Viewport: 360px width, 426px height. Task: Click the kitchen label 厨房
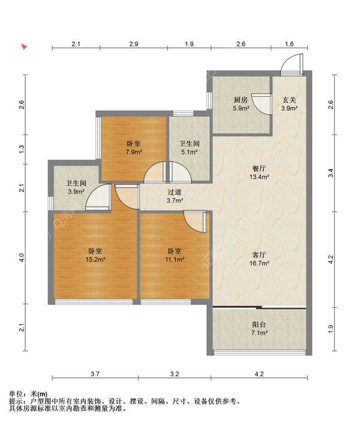(241, 100)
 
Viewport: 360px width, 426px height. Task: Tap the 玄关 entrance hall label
(289, 100)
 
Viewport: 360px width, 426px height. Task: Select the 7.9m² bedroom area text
(134, 152)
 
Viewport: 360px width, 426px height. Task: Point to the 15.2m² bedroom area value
(95, 259)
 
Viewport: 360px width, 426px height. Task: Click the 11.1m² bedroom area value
(175, 259)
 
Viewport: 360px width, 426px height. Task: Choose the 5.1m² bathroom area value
(190, 152)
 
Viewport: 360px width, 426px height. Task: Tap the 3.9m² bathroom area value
(76, 191)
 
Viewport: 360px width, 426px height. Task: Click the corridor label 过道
(175, 192)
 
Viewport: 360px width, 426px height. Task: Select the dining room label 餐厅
(259, 169)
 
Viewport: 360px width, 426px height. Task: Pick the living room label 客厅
(259, 255)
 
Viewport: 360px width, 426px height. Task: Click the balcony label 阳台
(259, 325)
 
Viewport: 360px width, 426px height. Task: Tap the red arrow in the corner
(25, 47)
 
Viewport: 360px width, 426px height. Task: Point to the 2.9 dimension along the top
(134, 44)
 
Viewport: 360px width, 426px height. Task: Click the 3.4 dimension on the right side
(331, 173)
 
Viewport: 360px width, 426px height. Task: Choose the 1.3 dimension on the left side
(22, 149)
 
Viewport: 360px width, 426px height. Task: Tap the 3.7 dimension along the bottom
(95, 374)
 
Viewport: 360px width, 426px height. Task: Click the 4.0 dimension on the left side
(22, 257)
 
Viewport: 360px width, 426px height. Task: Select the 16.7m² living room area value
(259, 263)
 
